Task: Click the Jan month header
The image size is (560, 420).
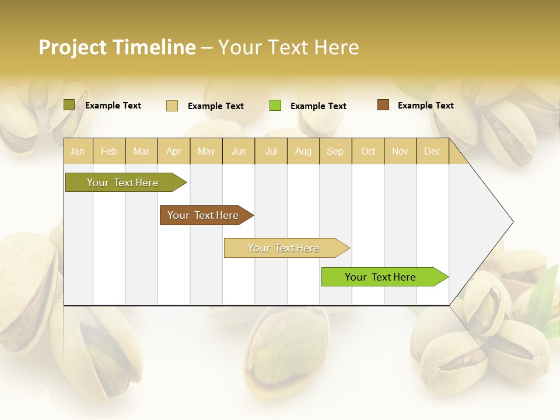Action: (77, 152)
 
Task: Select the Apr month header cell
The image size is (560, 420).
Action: (174, 152)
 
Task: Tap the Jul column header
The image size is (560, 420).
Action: (271, 152)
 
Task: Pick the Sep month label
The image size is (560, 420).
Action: (335, 152)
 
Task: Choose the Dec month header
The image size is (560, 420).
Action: (432, 152)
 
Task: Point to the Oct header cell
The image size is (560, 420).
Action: (368, 152)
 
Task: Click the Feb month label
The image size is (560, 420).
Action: (109, 152)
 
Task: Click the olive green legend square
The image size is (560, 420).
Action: (69, 105)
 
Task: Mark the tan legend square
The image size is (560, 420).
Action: (172, 106)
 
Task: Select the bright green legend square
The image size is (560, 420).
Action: (275, 106)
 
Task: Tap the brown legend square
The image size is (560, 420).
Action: (383, 105)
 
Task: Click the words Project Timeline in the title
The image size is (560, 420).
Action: (117, 47)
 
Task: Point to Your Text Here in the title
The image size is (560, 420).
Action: (289, 47)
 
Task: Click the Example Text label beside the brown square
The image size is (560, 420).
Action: (425, 106)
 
